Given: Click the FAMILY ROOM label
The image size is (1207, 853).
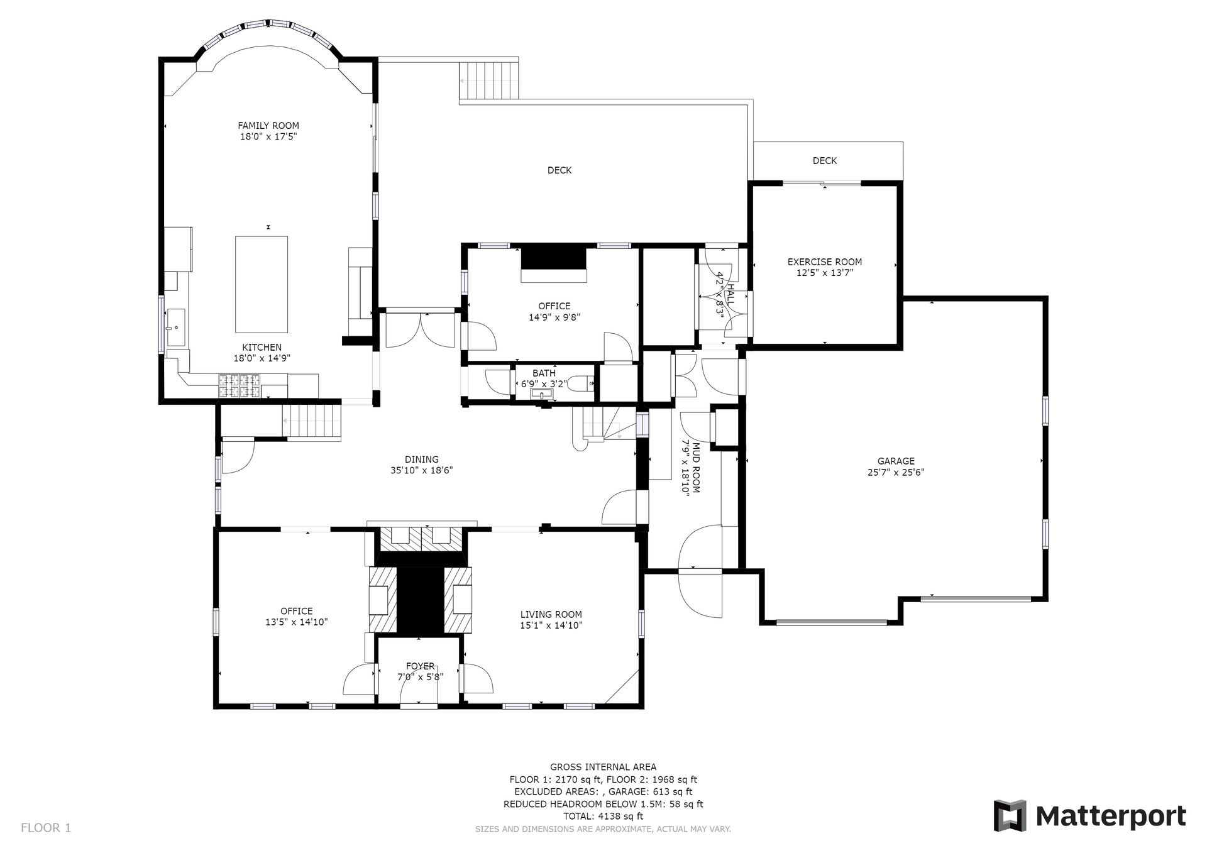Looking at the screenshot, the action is point(268,126).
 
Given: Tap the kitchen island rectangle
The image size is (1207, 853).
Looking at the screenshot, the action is point(262,284).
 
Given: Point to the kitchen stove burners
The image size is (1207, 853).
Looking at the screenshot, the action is point(240,385).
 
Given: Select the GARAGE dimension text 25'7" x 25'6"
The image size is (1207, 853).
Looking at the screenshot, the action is point(896,473).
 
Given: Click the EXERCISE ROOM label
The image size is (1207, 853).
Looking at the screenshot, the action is point(825,262).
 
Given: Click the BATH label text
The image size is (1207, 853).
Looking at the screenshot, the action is point(544,373).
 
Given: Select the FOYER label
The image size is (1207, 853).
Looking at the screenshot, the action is point(420,666).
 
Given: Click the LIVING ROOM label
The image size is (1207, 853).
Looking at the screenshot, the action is point(551,615).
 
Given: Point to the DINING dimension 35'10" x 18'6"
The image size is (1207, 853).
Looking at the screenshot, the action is point(422,470).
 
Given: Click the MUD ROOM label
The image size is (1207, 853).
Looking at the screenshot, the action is point(696,468).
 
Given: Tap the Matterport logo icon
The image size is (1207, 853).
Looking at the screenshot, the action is point(1010,816).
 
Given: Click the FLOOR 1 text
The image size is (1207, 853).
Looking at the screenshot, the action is point(46,828).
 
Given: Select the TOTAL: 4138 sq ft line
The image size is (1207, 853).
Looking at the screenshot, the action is point(603,817).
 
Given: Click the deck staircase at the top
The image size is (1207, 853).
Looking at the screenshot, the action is point(489,81).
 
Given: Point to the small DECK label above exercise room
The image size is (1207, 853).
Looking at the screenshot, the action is point(825,161).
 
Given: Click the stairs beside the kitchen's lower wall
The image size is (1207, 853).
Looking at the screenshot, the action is point(311,422).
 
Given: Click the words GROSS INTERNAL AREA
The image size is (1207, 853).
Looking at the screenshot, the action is point(603,767).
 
